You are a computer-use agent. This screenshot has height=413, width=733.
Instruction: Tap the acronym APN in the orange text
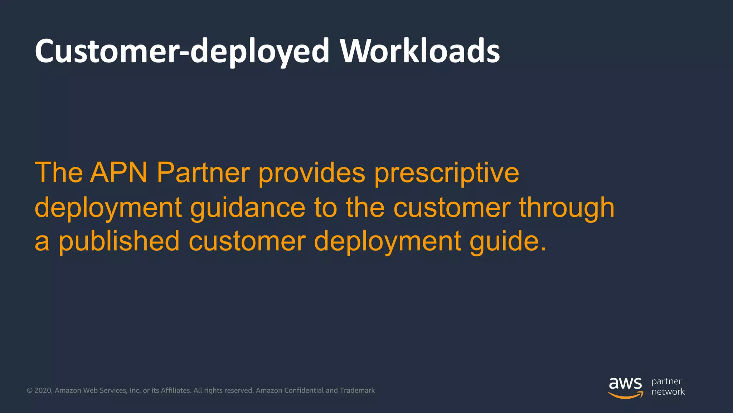pos(119,173)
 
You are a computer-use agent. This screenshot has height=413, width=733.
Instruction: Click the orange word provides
pos(311,173)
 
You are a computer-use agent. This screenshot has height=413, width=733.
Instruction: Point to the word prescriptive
pos(446,173)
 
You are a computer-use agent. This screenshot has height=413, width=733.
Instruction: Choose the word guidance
pos(247,208)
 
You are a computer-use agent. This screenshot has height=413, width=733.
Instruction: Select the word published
pos(119,241)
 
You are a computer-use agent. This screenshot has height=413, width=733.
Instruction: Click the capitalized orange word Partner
pos(203,173)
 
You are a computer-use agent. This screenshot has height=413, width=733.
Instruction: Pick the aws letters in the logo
pos(625,384)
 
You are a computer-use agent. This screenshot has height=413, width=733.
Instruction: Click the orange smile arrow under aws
pos(625,395)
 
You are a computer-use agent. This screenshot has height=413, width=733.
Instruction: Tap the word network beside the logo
pos(668,392)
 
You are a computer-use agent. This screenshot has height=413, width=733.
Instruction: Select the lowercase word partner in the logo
pos(666,381)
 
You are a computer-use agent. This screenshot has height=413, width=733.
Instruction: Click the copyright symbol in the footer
pos(30,390)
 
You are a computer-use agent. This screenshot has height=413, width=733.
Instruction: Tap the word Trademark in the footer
pos(357,390)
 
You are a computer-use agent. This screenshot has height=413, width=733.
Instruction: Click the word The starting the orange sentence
pos(59,173)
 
